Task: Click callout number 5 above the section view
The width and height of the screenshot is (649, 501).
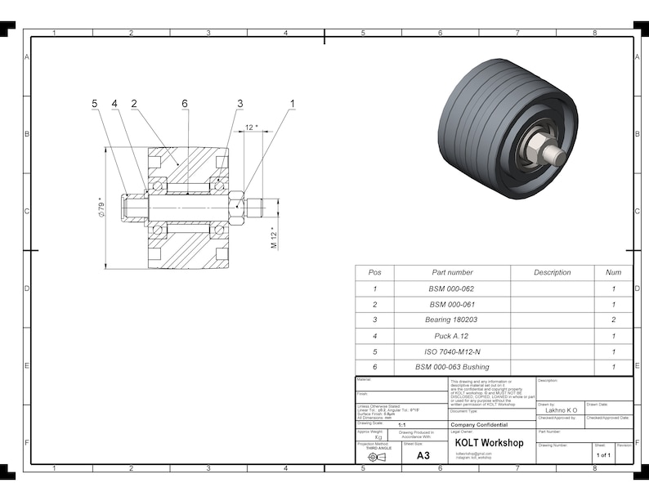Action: [x=95, y=104]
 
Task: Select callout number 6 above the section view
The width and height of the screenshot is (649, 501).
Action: [x=185, y=104]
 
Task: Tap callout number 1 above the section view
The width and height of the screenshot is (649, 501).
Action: [x=292, y=104]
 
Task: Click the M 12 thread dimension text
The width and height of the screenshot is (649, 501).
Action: [x=275, y=238]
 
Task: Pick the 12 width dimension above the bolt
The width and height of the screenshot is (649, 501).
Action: [x=251, y=127]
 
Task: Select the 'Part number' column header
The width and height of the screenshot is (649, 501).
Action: [x=452, y=272]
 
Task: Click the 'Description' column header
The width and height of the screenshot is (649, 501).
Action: [x=553, y=272]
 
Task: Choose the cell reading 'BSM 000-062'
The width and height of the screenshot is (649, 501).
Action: [x=452, y=289]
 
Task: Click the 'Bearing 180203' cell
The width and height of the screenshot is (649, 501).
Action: [x=452, y=320]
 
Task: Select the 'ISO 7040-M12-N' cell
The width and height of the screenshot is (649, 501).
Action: [x=452, y=351]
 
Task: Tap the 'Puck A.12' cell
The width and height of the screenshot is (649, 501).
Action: [x=452, y=336]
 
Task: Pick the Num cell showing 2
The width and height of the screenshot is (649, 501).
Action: [x=613, y=320]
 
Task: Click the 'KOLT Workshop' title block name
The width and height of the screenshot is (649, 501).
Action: [x=489, y=443]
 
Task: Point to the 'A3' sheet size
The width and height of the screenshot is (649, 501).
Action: [x=423, y=455]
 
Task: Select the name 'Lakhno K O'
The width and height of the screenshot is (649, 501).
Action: [x=561, y=410]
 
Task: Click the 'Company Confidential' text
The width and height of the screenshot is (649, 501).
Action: [x=479, y=425]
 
